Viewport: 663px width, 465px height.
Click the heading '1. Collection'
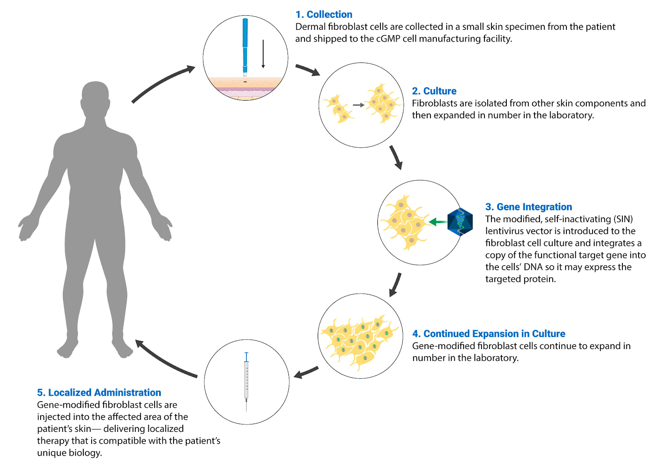pyautogui.click(x=324, y=14)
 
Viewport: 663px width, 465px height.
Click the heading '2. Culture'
pyautogui.click(x=434, y=91)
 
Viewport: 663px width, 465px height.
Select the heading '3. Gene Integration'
pyautogui.click(x=528, y=207)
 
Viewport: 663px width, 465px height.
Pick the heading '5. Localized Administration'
pyautogui.click(x=99, y=393)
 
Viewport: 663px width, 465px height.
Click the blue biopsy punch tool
pyautogui.click(x=245, y=46)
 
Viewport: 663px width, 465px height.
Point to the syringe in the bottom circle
pyautogui.click(x=247, y=381)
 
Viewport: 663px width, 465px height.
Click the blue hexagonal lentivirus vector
pyautogui.click(x=460, y=222)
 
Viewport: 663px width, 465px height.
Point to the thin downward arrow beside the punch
pyautogui.click(x=263, y=54)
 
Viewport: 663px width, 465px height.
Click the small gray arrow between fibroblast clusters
pyautogui.click(x=358, y=105)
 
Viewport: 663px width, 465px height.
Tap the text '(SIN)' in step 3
pyautogui.click(x=623, y=219)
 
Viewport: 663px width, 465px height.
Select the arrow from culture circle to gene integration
pyautogui.click(x=396, y=157)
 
